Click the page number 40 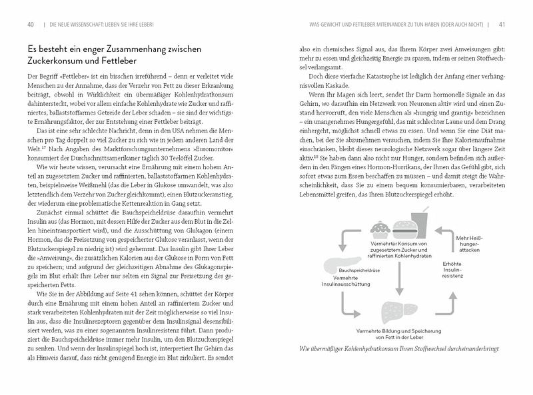point(30,25)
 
